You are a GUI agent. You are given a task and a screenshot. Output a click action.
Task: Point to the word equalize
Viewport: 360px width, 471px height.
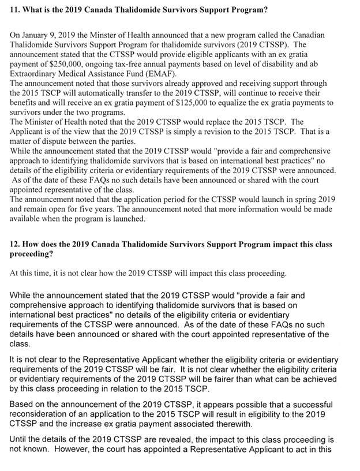coord(269,102)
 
